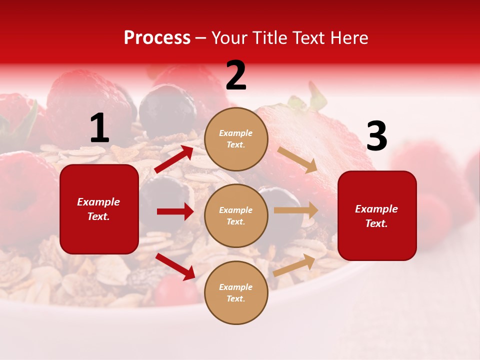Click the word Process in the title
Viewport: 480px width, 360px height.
pyautogui.click(x=157, y=38)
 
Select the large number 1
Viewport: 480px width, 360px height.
pyautogui.click(x=99, y=128)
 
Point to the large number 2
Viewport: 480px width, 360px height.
pyautogui.click(x=236, y=75)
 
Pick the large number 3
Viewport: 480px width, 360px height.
pyautogui.click(x=376, y=136)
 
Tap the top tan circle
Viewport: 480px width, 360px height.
pyautogui.click(x=236, y=139)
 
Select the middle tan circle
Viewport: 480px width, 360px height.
pyautogui.click(x=236, y=215)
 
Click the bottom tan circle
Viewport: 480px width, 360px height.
pyautogui.click(x=236, y=292)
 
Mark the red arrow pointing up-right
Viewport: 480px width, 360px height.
pyautogui.click(x=174, y=159)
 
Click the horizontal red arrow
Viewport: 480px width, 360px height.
pyautogui.click(x=175, y=211)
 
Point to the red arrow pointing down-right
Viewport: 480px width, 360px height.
pyautogui.click(x=175, y=266)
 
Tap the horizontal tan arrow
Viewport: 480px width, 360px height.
pyautogui.click(x=296, y=210)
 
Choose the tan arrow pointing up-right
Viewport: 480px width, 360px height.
pyautogui.click(x=294, y=265)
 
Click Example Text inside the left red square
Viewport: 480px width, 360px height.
pyautogui.click(x=98, y=209)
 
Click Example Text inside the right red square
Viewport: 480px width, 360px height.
pyautogui.click(x=376, y=216)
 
